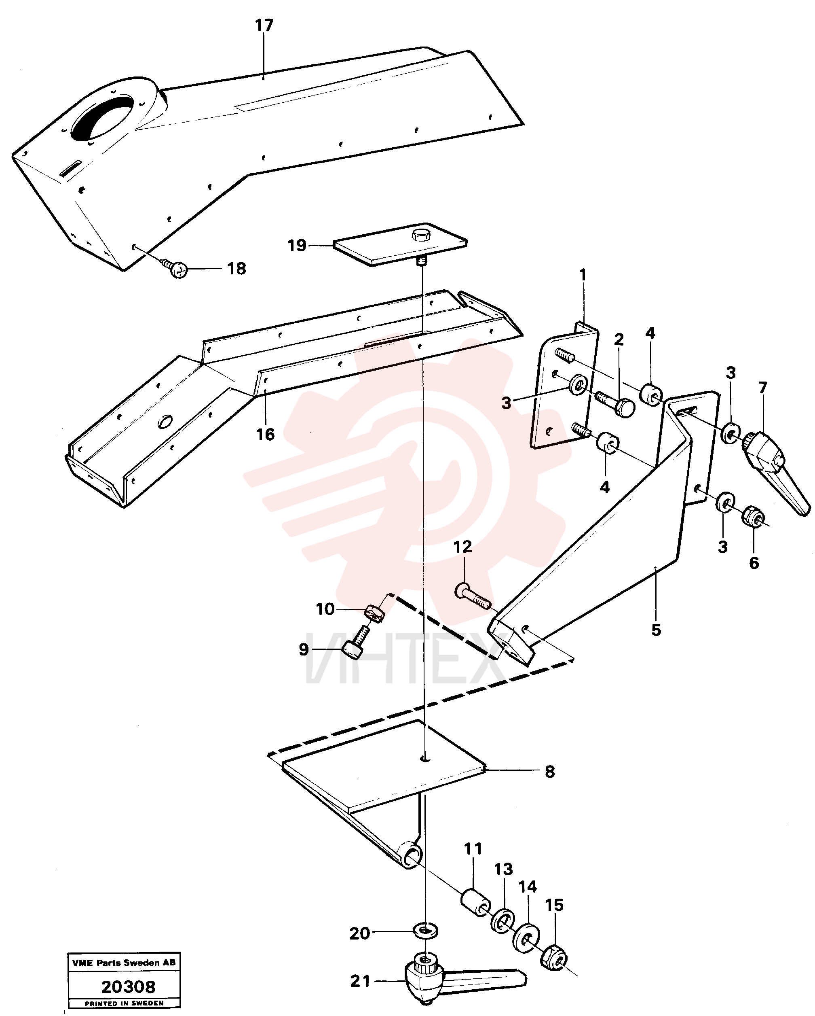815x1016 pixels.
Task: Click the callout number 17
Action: [x=264, y=25]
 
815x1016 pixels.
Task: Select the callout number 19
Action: [x=297, y=246]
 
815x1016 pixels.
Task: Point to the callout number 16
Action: [x=265, y=435]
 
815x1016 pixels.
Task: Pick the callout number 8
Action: [x=550, y=772]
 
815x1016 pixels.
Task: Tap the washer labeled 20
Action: [x=425, y=931]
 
